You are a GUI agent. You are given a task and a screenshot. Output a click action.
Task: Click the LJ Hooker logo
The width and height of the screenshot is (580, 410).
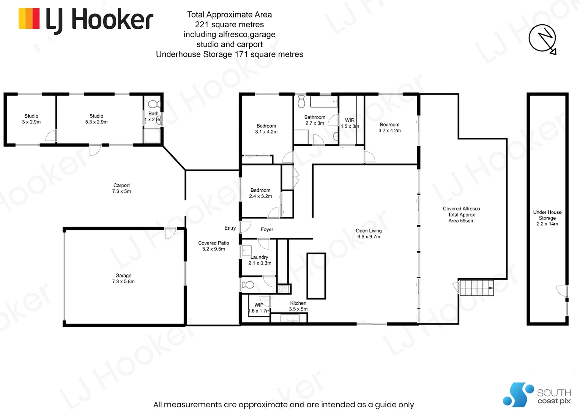[86, 20]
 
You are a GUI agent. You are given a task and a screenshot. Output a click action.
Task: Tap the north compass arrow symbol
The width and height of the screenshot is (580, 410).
[543, 39]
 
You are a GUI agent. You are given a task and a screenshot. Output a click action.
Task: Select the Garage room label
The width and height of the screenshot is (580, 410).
[123, 278]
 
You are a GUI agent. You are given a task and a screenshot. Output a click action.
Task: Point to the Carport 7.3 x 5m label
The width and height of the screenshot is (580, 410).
[121, 188]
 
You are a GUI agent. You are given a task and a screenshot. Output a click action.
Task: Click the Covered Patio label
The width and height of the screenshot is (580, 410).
[214, 246]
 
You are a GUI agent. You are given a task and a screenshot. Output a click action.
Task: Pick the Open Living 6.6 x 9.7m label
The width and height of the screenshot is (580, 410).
[369, 233]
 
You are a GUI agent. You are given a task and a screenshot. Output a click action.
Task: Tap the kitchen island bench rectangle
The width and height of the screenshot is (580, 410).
[316, 276]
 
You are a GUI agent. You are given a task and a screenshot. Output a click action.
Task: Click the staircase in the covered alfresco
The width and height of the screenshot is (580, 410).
[476, 288]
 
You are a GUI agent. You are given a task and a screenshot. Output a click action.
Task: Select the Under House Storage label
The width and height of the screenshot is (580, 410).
[547, 218]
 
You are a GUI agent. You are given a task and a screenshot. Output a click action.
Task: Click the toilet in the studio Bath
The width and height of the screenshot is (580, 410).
[154, 104]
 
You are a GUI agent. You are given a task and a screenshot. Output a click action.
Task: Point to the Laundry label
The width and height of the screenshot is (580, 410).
[260, 260]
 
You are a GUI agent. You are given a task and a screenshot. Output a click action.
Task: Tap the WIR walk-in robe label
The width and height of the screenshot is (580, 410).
[350, 123]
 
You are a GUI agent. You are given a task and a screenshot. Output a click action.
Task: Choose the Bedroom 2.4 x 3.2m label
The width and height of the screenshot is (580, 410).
[260, 193]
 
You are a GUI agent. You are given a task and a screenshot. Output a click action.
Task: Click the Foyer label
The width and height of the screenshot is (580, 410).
[267, 229]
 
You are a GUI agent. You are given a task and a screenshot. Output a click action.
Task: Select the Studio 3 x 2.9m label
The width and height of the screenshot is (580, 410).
[32, 119]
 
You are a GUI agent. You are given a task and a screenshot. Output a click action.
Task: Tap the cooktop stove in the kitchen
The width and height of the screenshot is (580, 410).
[284, 289]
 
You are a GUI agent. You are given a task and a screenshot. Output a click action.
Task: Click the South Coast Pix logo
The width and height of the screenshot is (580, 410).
[537, 395]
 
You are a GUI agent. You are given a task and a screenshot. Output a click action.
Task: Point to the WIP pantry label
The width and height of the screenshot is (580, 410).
[259, 307]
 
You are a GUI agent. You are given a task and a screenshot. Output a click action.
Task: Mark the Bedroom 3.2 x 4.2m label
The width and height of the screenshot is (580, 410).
[389, 127]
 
